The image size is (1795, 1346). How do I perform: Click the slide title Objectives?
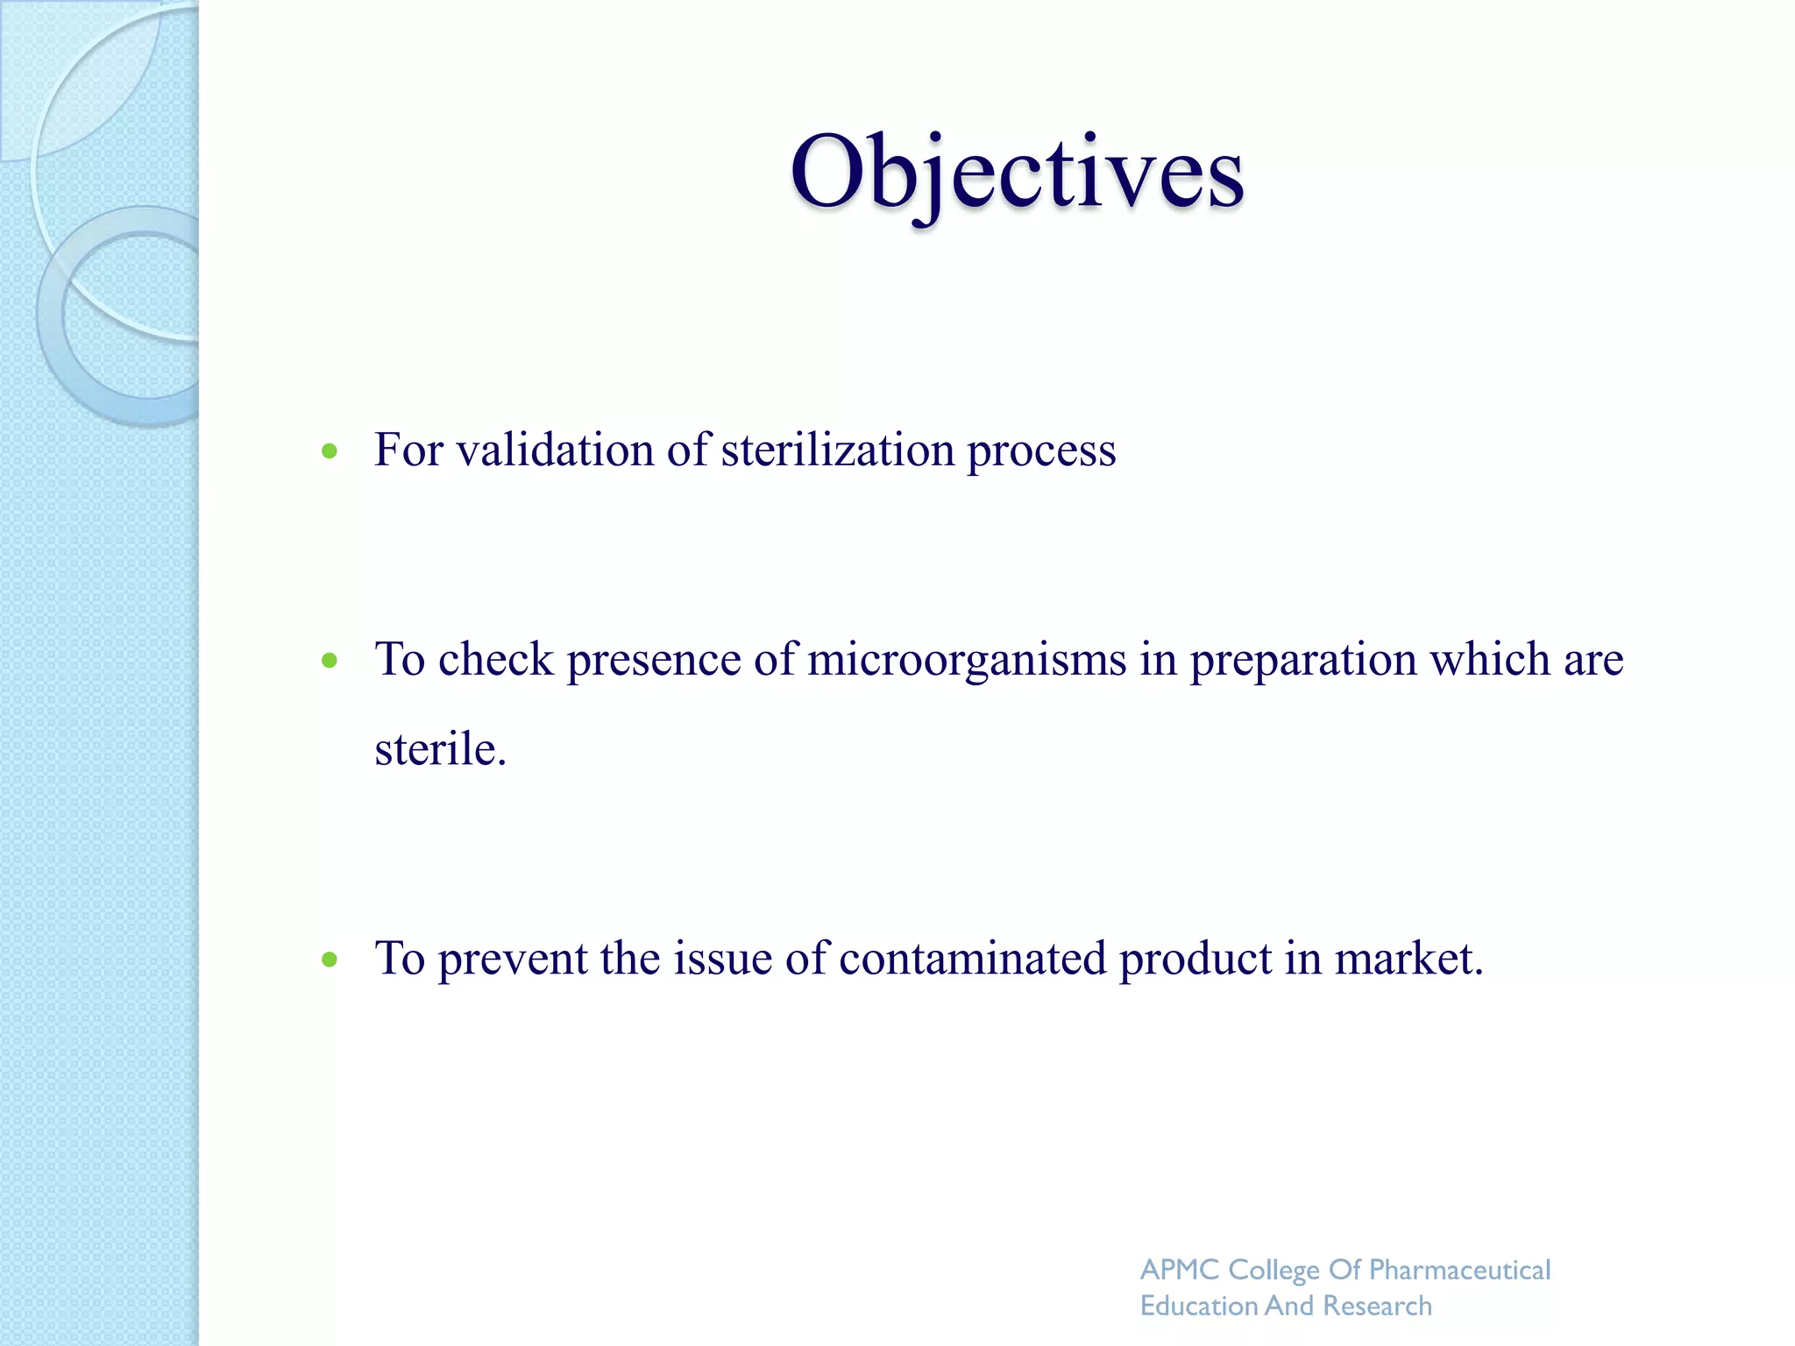[1017, 173]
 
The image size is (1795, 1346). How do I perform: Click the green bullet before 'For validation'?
[330, 451]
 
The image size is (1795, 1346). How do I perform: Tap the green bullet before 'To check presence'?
[330, 661]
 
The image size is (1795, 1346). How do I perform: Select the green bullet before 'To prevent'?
[330, 960]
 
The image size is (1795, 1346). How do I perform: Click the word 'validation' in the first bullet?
[555, 450]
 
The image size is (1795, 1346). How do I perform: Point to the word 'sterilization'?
[838, 450]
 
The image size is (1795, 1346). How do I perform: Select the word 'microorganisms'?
[967, 660]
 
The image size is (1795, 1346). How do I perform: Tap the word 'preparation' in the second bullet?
[1303, 660]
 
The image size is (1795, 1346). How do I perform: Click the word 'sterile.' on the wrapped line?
[440, 749]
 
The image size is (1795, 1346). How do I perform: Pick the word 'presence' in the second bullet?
[654, 660]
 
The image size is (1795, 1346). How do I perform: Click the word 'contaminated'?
[973, 958]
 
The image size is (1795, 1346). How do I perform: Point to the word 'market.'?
[1409, 958]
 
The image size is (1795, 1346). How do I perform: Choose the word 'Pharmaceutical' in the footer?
[1460, 1270]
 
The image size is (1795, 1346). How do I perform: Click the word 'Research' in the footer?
[1378, 1306]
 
